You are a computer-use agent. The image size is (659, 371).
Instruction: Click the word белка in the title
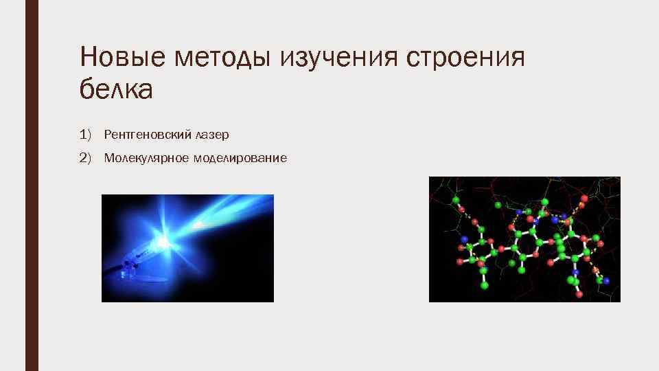(x=116, y=90)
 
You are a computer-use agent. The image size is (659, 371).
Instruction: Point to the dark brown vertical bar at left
(x=32, y=185)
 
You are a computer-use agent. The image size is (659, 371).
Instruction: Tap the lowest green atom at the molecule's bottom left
(x=484, y=284)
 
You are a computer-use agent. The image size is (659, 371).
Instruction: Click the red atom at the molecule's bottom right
(x=579, y=294)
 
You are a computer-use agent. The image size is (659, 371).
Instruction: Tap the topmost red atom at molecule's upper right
(x=584, y=198)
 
